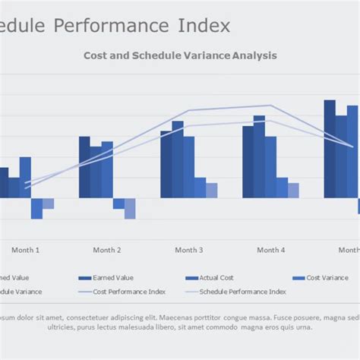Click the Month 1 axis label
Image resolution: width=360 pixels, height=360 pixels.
25,250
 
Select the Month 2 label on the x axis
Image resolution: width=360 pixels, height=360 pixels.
107,250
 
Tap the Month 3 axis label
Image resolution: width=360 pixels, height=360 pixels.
188,250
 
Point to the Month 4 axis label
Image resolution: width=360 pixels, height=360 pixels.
270,250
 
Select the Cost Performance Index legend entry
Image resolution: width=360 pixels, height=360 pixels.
129,291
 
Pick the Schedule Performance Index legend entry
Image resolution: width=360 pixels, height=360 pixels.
242,291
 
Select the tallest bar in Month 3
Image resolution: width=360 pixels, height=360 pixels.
178,159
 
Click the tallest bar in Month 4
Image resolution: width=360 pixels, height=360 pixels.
259,156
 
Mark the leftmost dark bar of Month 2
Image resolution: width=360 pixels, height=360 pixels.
84,167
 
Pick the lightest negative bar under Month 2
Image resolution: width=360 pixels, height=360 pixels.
130,208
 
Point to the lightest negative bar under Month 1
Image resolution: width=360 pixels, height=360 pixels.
48,204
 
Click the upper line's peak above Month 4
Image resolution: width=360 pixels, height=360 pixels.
270,106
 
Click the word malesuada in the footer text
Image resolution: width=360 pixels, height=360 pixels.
150,327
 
